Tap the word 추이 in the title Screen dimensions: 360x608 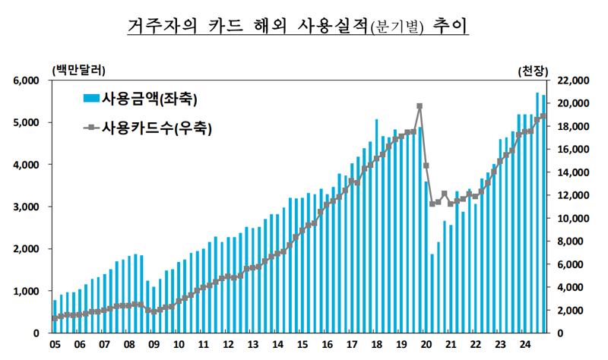[449, 26]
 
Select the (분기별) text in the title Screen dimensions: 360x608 [395, 27]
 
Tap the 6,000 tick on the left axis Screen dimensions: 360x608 [27, 81]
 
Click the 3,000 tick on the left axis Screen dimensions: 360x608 [27, 207]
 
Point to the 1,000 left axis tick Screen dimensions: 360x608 [27, 291]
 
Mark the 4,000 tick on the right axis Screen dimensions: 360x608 [571, 287]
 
